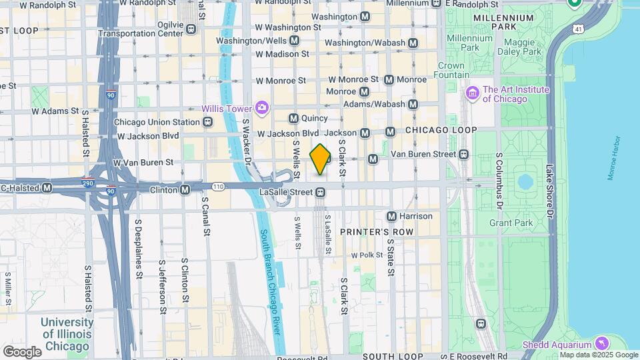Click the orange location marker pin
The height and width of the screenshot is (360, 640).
click(x=320, y=159)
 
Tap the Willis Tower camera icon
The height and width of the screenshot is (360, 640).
click(x=262, y=108)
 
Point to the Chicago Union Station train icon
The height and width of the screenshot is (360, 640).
click(x=208, y=122)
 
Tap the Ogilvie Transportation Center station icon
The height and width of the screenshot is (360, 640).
click(x=191, y=29)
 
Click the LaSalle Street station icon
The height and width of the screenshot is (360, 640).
click(x=321, y=193)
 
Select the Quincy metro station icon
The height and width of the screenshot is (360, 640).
click(x=293, y=119)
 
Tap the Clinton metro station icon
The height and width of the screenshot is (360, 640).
click(x=185, y=190)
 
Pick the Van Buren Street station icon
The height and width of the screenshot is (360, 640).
click(x=463, y=154)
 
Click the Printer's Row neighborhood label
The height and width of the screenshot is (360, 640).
click(x=377, y=232)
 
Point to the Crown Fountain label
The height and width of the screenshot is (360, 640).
click(x=451, y=70)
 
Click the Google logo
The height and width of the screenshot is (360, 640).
click(x=21, y=351)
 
